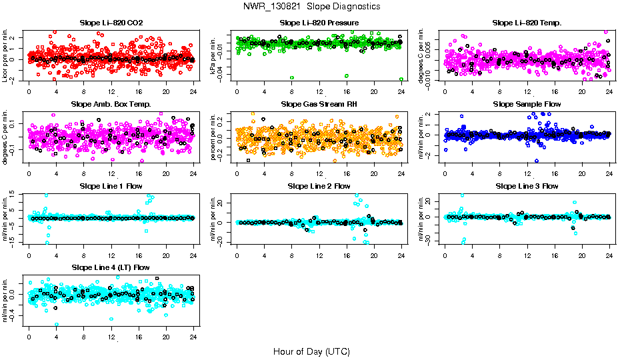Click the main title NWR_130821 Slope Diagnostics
(311, 6)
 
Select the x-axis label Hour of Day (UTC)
(311, 351)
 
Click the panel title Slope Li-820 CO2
(111, 23)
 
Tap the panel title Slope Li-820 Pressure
(319, 23)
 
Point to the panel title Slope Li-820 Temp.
(527, 23)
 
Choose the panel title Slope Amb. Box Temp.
(111, 105)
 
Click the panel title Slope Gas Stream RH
(319, 105)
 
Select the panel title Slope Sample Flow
(527, 105)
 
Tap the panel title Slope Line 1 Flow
(111, 186)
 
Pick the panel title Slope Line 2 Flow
(319, 186)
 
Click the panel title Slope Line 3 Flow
(527, 186)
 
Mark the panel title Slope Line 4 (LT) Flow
(111, 267)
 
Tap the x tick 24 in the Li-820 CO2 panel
(193, 92)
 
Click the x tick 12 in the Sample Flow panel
(527, 173)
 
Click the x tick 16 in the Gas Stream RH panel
(347, 173)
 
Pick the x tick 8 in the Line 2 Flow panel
(292, 255)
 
